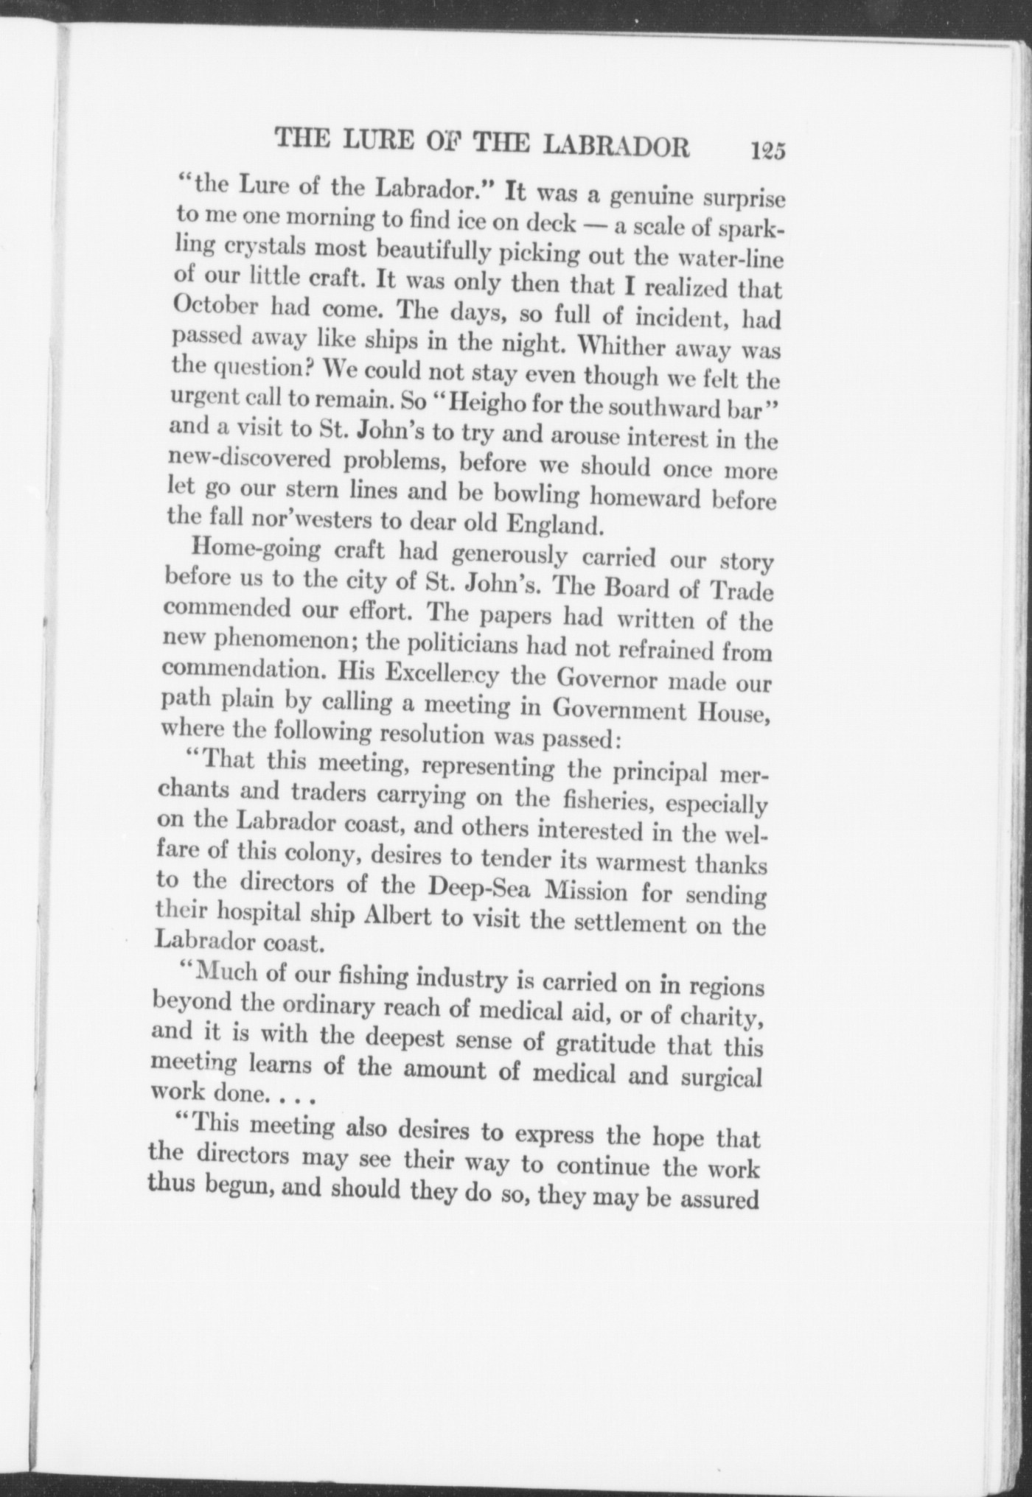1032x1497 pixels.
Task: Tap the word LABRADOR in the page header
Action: (x=616, y=146)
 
